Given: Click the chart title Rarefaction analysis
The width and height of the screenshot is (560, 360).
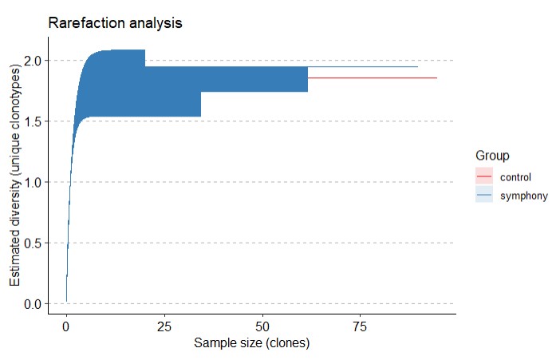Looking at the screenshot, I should [x=115, y=23].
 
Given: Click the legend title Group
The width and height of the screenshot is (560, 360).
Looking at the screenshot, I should [x=492, y=155].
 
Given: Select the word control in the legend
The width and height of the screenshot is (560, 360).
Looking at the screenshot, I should [x=515, y=177].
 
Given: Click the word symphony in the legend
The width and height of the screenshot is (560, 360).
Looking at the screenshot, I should [x=523, y=196].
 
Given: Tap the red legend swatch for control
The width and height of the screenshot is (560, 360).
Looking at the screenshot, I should [x=484, y=177].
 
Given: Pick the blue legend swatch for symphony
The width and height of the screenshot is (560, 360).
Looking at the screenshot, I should [x=484, y=196].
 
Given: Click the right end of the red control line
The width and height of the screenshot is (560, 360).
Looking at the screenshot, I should [x=436, y=78].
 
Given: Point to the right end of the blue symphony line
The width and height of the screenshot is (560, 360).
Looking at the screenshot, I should [x=417, y=66].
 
